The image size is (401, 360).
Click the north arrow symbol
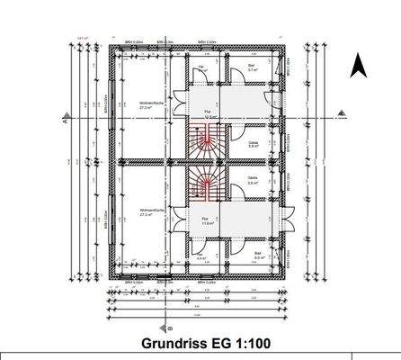[x=356, y=65]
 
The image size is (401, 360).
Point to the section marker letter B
[x=156, y=328]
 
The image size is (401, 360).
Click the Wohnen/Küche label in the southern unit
[x=149, y=214]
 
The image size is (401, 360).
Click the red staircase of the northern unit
[x=208, y=139]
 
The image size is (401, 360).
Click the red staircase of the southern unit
[x=208, y=186]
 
